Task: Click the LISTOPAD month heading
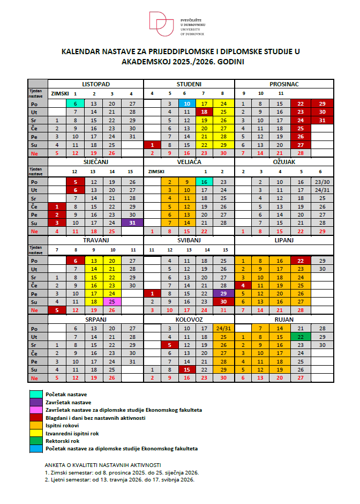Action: [x=96, y=84]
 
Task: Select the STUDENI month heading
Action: [x=189, y=84]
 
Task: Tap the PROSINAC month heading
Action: [x=284, y=84]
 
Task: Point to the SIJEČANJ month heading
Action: [x=96, y=160]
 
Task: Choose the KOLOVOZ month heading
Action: [x=189, y=318]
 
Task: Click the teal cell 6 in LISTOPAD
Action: [x=76, y=103]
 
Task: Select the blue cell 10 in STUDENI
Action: [x=187, y=103]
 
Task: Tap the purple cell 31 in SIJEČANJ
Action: [x=132, y=223]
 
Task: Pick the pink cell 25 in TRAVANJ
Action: [x=113, y=302]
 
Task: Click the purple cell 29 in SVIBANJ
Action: [x=223, y=294]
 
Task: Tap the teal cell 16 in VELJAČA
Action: [x=205, y=182]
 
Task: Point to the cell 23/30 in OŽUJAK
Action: [x=322, y=182]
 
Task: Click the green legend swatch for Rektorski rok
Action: [x=36, y=440]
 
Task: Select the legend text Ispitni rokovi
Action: [x=65, y=425]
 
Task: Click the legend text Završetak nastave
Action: [x=69, y=402]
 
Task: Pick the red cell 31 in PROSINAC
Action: [x=322, y=120]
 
